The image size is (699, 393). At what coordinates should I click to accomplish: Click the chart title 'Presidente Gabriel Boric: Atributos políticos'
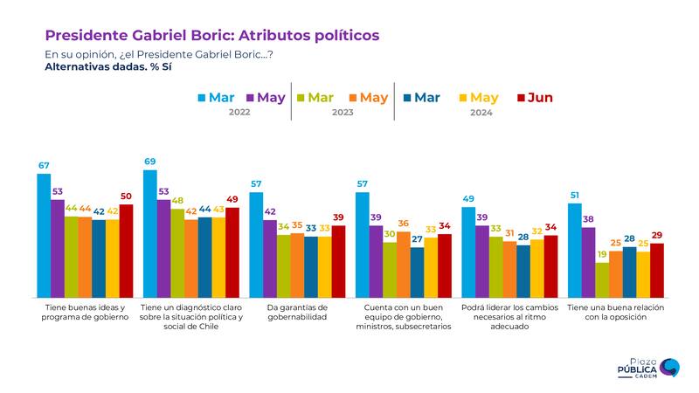[x=211, y=35]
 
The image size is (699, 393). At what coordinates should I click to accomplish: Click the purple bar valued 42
[x=270, y=257]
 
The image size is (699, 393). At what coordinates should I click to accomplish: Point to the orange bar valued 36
[x=404, y=262]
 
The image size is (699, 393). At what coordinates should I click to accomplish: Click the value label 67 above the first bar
[x=44, y=165]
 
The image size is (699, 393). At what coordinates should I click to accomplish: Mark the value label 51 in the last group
[x=575, y=195]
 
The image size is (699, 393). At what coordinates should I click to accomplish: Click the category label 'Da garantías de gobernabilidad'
[x=297, y=313]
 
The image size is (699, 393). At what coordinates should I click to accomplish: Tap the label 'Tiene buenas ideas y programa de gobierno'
[x=84, y=313]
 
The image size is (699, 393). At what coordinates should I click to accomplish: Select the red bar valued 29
[x=657, y=268]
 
